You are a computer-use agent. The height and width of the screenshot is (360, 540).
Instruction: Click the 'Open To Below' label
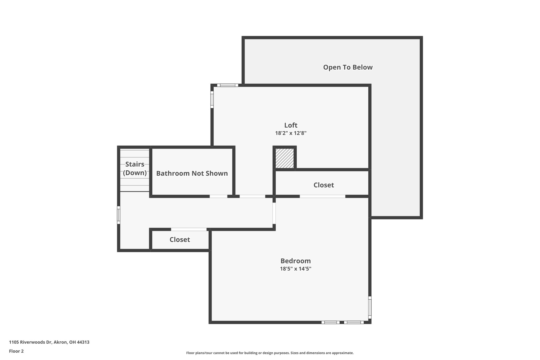[x=348, y=67]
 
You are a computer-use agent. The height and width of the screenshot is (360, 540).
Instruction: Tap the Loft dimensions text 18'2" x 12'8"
[x=291, y=133]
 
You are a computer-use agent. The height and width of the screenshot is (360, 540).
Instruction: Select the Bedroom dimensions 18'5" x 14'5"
[x=296, y=269]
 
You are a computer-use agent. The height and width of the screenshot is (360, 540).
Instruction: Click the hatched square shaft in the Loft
[x=285, y=158]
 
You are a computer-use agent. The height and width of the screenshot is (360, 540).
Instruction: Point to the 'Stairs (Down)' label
[x=135, y=168]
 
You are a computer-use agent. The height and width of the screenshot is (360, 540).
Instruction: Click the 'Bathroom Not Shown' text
[x=192, y=173]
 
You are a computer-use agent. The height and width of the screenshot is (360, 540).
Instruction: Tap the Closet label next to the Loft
[x=324, y=185]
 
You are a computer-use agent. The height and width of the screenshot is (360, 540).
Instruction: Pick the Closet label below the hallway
[x=180, y=239]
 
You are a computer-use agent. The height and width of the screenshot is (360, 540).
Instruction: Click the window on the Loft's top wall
[x=228, y=85]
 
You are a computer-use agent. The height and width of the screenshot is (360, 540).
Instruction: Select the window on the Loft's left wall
[x=212, y=100]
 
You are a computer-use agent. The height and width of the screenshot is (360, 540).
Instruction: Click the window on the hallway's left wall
[x=119, y=215]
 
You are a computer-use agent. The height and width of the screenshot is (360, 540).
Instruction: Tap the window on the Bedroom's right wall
[x=370, y=308]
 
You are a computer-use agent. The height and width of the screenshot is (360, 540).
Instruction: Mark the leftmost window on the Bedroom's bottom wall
[x=330, y=322]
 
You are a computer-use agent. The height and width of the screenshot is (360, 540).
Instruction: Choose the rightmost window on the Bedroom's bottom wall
[x=354, y=322]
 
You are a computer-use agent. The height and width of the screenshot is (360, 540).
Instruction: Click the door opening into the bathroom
[x=218, y=196]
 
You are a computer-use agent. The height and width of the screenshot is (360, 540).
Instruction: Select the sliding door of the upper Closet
[x=322, y=196]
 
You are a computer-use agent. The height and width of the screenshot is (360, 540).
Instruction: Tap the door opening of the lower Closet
[x=189, y=229]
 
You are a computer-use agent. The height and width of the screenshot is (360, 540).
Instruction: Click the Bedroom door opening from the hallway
[x=274, y=213]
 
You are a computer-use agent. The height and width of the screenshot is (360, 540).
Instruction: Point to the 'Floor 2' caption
[x=16, y=351]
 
